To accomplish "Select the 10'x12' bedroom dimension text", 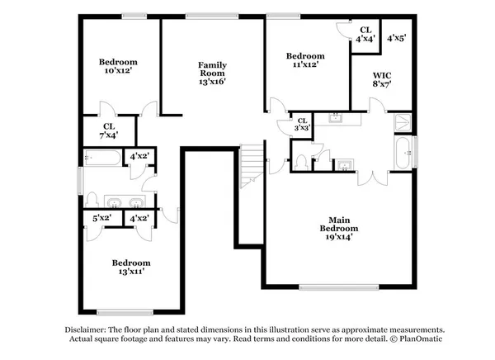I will pos(118,72).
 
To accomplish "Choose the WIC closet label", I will pos(381,73).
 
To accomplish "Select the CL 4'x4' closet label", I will pos(366,32).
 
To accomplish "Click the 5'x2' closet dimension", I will pos(101,218).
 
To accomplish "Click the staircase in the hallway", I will pos(252,165).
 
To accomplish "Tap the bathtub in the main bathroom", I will pos(403,152).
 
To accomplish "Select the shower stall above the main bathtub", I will pos(403,121).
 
